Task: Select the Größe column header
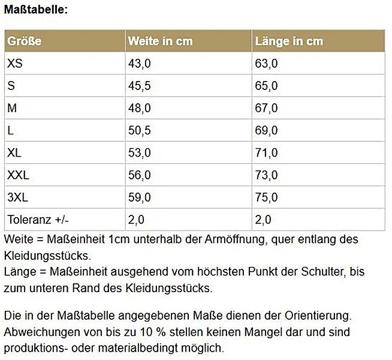[x=24, y=41]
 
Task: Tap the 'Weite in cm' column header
[x=160, y=41]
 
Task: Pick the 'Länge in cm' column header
[x=289, y=41]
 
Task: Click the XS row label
[x=14, y=64]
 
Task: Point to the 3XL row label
[x=17, y=197]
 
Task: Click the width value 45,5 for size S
[x=139, y=86]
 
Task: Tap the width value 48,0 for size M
[x=139, y=108]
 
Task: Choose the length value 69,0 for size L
[x=267, y=130]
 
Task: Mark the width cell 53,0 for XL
[x=139, y=153]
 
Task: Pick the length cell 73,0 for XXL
[x=267, y=175]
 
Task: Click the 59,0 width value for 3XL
[x=139, y=197]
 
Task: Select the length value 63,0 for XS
[x=267, y=64]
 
